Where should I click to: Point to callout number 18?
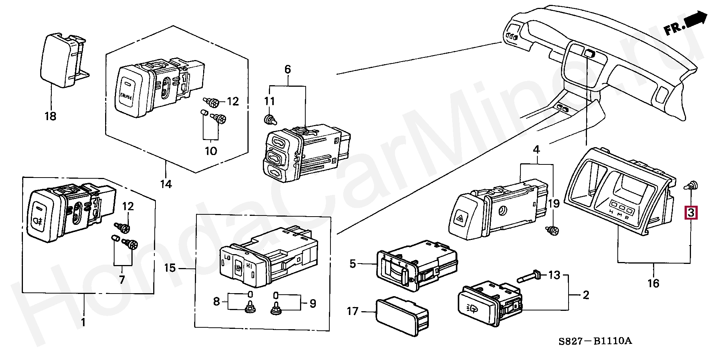[50, 116]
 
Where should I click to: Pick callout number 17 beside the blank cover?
[353, 311]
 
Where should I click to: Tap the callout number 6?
[288, 69]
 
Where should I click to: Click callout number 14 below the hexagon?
[166, 184]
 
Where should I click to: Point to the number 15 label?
[170, 268]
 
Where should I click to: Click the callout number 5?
[352, 264]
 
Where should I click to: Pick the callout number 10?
[211, 151]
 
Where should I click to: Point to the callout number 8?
[216, 301]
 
